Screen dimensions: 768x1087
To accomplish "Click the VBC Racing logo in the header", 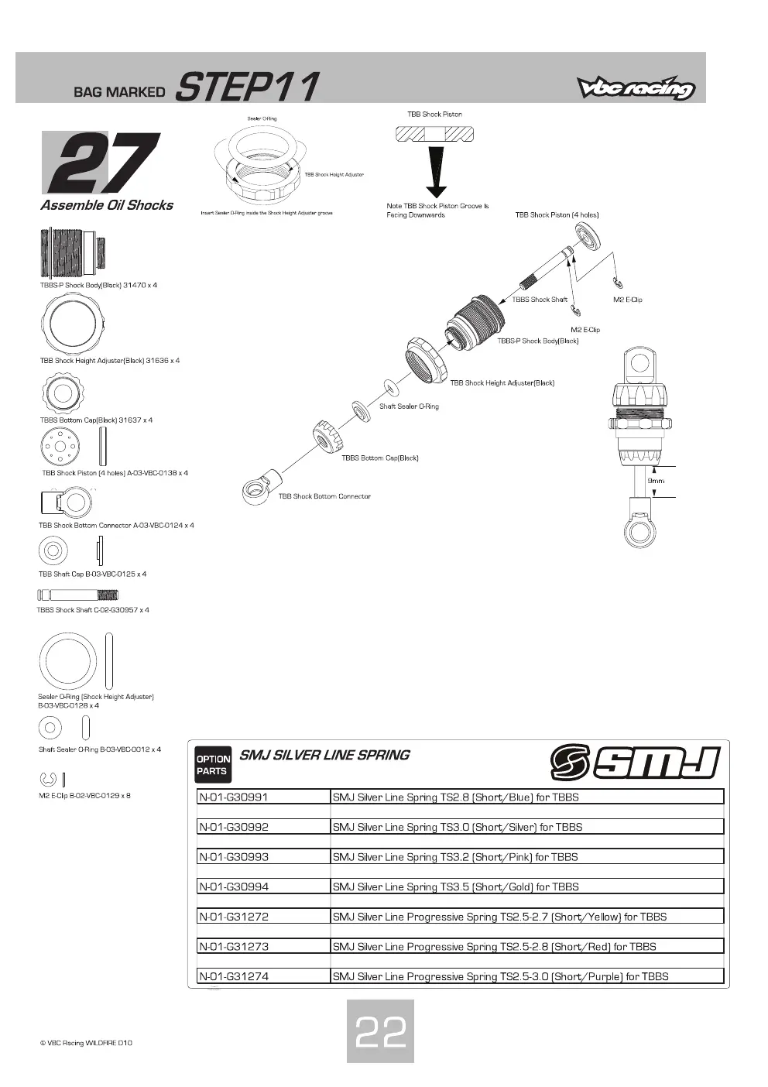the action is (x=636, y=87).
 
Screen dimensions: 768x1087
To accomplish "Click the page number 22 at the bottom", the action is (x=380, y=1032).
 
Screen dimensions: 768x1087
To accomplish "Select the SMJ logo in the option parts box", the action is (x=635, y=763).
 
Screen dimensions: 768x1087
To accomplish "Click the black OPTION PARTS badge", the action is (x=213, y=765).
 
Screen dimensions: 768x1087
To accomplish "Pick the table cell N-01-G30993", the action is (x=263, y=856).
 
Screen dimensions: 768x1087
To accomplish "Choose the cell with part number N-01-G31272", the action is (x=263, y=916).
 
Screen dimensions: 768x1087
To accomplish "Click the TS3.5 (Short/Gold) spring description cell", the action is (x=527, y=886).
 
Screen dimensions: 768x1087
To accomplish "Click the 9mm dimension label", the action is (x=656, y=481).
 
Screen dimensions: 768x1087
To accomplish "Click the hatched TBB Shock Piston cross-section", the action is (x=434, y=133).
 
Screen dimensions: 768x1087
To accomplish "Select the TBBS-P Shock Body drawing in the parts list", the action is (x=73, y=252).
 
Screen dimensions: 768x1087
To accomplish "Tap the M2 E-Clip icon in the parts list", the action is (x=47, y=780).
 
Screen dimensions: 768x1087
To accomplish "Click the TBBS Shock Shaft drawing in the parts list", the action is (x=77, y=595).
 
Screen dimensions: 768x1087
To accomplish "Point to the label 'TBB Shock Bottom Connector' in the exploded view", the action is (x=324, y=496).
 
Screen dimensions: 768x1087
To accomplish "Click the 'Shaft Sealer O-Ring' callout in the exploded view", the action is (x=409, y=406).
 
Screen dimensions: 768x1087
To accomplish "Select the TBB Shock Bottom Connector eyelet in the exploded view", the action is (x=261, y=487).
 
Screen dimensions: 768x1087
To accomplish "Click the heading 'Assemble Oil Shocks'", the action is (x=107, y=205).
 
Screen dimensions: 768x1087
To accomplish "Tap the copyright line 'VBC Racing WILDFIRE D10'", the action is (x=86, y=1043).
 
